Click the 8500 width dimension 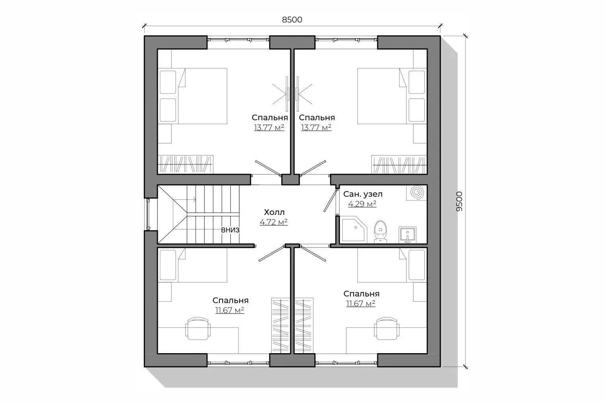292,20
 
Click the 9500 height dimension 459,201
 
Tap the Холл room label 274,212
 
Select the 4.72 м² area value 274,222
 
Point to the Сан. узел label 363,194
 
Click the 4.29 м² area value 362,204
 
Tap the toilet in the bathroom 381,232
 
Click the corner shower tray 354,229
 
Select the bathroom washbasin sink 407,235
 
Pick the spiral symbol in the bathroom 417,192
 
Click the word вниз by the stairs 230,230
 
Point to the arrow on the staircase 184,200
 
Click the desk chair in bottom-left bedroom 198,328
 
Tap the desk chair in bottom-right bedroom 387,328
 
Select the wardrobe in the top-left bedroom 185,164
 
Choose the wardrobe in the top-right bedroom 399,164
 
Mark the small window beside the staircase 148,215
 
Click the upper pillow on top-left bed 168,82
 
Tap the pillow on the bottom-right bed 417,265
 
